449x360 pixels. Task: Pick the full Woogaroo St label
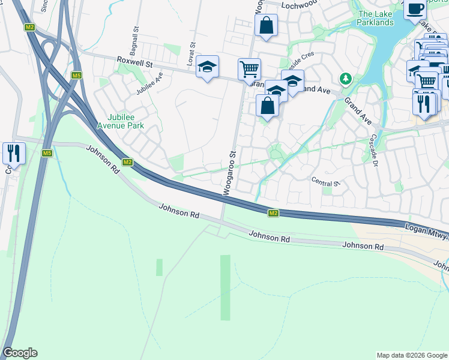point(229,174)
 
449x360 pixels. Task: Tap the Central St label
point(326,181)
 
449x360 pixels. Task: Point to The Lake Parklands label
point(375,18)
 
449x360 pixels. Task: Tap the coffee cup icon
point(415,8)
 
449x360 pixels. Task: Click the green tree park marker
point(345,78)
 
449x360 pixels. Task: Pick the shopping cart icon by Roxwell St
point(249,68)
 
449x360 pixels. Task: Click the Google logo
point(20,353)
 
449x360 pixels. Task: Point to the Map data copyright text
point(412,355)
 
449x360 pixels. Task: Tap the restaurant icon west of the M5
point(13,153)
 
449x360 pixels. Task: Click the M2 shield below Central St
point(273,213)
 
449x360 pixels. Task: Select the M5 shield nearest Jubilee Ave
point(76,76)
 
